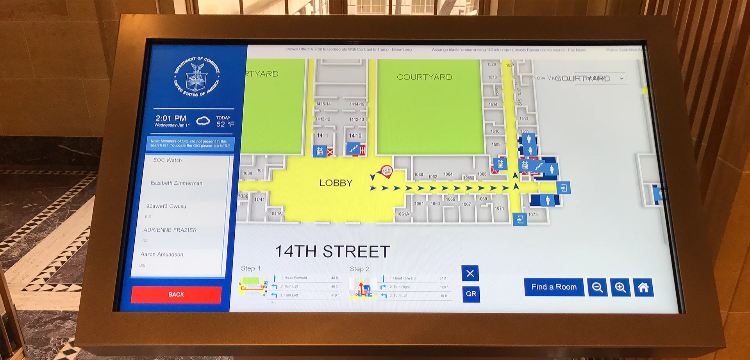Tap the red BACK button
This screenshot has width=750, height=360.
176,294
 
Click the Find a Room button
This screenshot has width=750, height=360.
554,287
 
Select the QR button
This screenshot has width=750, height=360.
471,294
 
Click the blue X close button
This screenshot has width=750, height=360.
470,273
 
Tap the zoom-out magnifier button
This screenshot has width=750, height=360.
597,287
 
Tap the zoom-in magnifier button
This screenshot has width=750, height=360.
620,288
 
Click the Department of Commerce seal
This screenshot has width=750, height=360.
197,76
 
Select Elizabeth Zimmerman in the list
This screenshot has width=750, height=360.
177,183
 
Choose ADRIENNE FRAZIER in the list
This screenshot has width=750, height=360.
170,230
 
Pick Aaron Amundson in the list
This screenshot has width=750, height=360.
162,254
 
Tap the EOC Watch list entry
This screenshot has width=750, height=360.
168,160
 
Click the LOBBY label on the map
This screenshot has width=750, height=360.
336,183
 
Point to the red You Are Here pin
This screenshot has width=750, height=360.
386,171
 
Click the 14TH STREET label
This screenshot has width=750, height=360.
332,251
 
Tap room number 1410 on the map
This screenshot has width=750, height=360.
355,136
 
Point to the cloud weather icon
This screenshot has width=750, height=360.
203,121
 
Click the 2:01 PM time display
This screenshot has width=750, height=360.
171,118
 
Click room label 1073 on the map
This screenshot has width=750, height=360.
533,214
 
